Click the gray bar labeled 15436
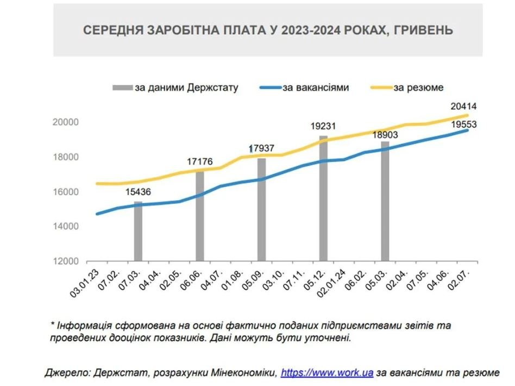(x=138, y=232)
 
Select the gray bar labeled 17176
(x=200, y=216)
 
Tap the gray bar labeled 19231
(x=323, y=199)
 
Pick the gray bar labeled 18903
(x=385, y=202)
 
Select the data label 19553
(x=463, y=124)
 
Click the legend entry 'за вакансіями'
(x=315, y=87)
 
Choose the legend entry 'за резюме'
(x=418, y=87)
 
